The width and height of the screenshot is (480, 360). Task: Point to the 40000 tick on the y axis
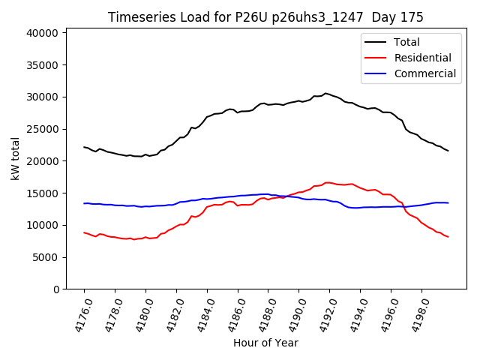point(42,33)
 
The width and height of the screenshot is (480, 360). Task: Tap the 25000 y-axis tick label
point(42,129)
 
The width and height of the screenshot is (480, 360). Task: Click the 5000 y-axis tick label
point(45,257)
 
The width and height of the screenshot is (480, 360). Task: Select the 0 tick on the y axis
point(56,289)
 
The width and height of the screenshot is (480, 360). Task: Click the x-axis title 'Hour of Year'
point(265,343)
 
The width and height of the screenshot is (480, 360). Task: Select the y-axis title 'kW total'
point(15,158)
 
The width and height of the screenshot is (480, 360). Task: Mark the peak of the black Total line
point(325,93)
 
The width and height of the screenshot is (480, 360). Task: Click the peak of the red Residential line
point(327,182)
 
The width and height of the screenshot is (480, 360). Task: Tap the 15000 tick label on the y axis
point(42,193)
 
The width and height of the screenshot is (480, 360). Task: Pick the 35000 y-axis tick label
point(42,65)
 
